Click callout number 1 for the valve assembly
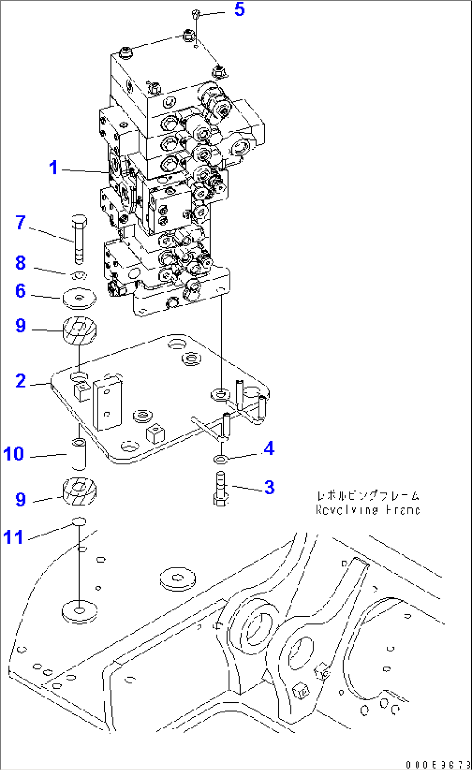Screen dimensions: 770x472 click(53, 168)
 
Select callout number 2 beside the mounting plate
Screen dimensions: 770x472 click(21, 381)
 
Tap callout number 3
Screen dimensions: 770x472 click(269, 487)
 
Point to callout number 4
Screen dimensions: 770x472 click(269, 448)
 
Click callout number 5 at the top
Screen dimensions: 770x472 click(239, 9)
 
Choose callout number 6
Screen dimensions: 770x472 click(21, 291)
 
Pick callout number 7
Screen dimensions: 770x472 click(21, 222)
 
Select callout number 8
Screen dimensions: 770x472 click(21, 263)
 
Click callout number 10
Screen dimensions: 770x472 click(13, 454)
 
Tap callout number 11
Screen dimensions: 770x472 click(13, 537)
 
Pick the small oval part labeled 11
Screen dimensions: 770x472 click(79, 521)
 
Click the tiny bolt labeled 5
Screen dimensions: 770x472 click(196, 15)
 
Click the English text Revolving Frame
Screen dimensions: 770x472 click(368, 510)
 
